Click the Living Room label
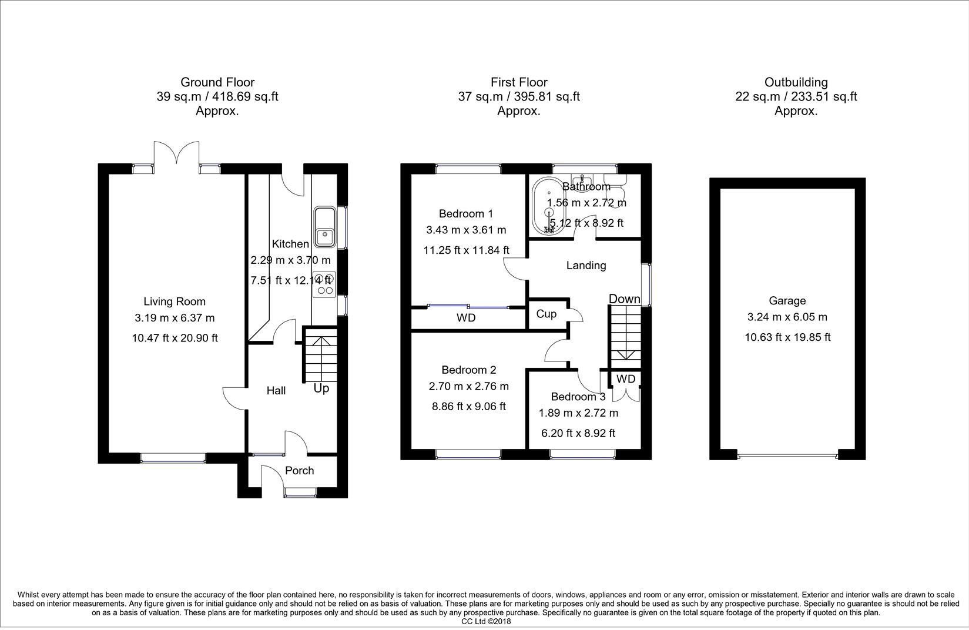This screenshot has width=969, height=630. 175,301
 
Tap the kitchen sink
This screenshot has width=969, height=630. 325,227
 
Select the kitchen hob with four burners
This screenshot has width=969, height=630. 324,284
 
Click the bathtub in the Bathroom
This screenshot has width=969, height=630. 548,206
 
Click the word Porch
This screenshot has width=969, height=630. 299,471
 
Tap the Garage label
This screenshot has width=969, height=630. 787,301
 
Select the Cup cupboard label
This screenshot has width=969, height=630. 546,314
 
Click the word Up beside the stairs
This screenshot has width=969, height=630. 321,388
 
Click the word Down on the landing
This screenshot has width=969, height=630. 625,299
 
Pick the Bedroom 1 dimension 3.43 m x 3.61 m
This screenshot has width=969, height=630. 466,230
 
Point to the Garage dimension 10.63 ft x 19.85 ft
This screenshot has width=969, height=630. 787,337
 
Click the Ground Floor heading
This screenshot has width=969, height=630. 217,82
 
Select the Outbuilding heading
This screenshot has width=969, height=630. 796,82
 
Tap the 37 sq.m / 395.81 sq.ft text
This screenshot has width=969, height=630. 519,96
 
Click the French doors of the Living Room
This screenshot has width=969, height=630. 176,153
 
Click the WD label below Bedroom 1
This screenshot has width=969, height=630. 466,318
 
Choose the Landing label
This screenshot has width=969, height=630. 586,265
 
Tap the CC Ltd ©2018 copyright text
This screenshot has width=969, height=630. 486,622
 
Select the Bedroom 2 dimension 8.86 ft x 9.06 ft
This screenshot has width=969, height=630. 469,406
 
